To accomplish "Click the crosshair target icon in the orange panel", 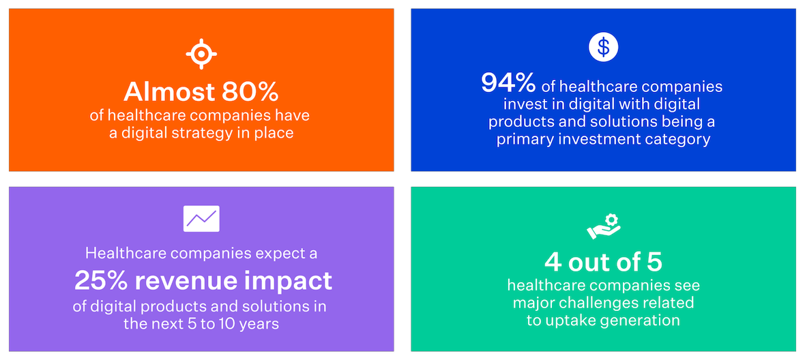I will [201, 54].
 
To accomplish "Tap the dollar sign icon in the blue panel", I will [603, 46].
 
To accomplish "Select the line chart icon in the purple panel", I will [201, 219].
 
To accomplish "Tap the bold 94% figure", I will [509, 83].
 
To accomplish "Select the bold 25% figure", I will [102, 280].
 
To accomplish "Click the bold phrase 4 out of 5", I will [603, 262].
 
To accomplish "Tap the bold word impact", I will [293, 280].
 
